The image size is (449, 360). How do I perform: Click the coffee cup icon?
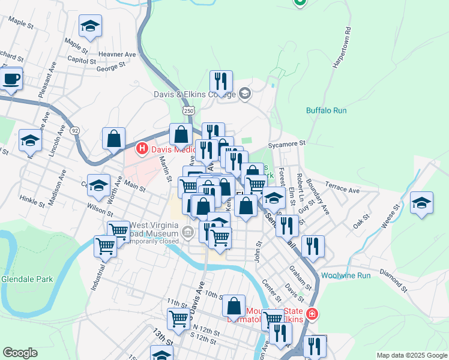coord(11,79)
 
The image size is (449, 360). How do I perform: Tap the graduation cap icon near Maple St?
coord(90,26)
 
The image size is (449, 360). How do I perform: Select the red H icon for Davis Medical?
coord(142,148)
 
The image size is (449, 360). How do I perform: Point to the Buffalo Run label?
coord(327,110)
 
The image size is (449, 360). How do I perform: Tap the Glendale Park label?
coord(27,279)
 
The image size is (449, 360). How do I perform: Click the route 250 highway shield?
coord(189,111)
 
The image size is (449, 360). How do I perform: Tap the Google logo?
coord(20,353)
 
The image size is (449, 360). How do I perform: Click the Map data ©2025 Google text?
coord(411,355)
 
